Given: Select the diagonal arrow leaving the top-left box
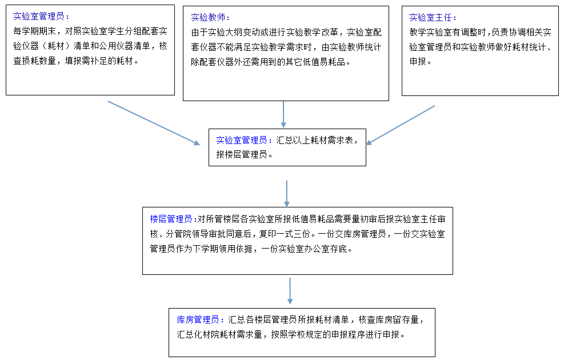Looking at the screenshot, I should [154, 123].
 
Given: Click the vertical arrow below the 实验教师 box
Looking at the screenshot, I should [283, 114].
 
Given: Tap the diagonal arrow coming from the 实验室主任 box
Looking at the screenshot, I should [400, 125].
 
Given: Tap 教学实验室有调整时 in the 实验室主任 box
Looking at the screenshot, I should [447, 33].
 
